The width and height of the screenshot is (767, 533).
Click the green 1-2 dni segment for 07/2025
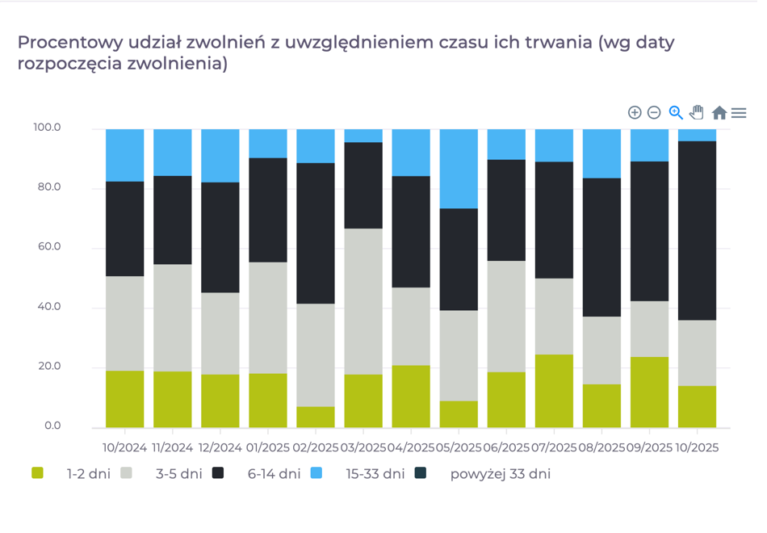coord(554,391)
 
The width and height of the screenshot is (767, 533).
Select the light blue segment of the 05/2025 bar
coord(459,169)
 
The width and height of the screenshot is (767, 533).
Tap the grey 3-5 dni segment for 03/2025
coord(363,301)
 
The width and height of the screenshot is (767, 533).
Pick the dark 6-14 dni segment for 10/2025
coord(697,231)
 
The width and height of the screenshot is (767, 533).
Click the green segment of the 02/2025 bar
coord(316,417)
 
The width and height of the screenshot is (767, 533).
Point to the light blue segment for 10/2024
coord(125,155)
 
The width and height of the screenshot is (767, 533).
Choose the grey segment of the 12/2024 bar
coord(220,334)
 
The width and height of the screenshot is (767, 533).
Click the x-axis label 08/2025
coord(601,447)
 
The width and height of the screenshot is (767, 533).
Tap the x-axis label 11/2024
coord(172,447)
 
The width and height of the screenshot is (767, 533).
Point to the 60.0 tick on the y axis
coord(47,247)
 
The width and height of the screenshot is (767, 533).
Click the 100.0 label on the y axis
coord(47,128)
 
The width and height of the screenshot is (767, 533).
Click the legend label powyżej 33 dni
coord(500,474)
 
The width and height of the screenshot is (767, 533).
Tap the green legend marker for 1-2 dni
coord(37,473)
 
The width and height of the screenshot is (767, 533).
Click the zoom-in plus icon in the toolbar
coord(635,113)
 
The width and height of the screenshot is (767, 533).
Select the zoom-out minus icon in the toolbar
coord(654,113)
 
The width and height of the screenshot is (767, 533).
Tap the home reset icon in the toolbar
coord(719,113)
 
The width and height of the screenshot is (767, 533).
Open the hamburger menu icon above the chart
coord(739,113)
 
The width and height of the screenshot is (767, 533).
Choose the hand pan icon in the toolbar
coord(697,113)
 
